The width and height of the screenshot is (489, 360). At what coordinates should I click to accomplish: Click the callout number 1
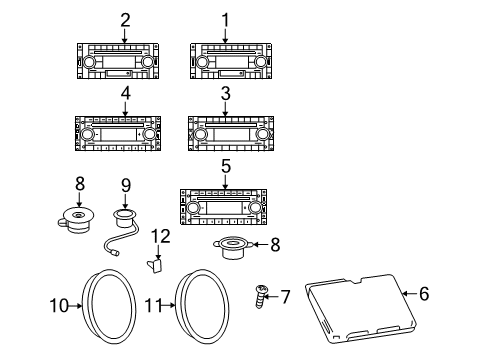(x=225, y=19)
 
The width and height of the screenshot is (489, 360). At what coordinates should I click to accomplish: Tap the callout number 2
(x=125, y=19)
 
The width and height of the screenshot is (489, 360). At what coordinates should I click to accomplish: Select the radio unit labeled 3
(x=224, y=133)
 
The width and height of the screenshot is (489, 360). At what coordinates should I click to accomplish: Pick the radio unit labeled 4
(x=119, y=133)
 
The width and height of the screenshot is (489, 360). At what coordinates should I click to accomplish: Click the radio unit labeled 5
(x=225, y=208)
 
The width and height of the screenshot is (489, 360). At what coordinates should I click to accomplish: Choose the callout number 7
(x=285, y=297)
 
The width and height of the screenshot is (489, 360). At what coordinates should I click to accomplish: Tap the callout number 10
(x=58, y=306)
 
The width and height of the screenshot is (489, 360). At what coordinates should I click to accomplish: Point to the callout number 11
(x=152, y=306)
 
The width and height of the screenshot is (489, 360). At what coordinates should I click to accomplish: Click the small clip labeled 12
(x=156, y=265)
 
